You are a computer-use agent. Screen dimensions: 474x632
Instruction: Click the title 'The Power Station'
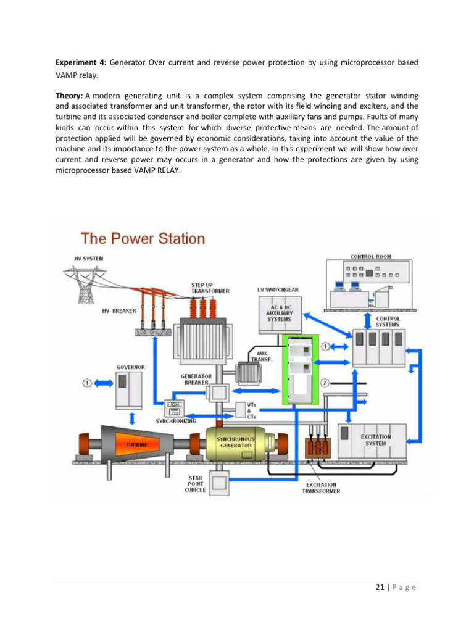tap(143, 239)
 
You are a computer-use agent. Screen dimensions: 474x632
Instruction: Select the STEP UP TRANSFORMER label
tap(210, 288)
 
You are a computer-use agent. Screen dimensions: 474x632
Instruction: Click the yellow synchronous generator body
tap(236, 444)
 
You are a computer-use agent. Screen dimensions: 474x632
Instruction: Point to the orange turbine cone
tap(137, 444)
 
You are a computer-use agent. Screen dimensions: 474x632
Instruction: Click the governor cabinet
tap(129, 390)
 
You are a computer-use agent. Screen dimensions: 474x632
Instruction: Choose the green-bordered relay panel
tap(301, 369)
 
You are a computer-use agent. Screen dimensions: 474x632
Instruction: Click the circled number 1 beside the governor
tap(87, 383)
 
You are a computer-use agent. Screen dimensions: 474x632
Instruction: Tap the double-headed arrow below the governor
tap(131, 418)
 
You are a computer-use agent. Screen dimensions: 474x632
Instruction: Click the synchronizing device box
tap(174, 409)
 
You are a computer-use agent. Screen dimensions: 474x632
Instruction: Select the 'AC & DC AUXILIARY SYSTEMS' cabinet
tap(279, 315)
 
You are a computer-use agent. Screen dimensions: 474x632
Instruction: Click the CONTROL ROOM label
tap(370, 256)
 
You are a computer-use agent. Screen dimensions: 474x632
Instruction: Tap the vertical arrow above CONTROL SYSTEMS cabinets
tap(367, 321)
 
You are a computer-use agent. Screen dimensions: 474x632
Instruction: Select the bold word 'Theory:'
tap(69, 96)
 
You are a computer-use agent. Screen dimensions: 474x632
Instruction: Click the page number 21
tap(380, 588)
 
